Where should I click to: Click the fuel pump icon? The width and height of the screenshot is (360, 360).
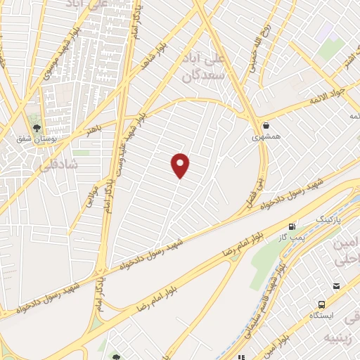292,226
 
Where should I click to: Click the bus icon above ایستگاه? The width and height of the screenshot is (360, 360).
321,304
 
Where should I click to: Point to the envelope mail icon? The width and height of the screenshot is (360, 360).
336,285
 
